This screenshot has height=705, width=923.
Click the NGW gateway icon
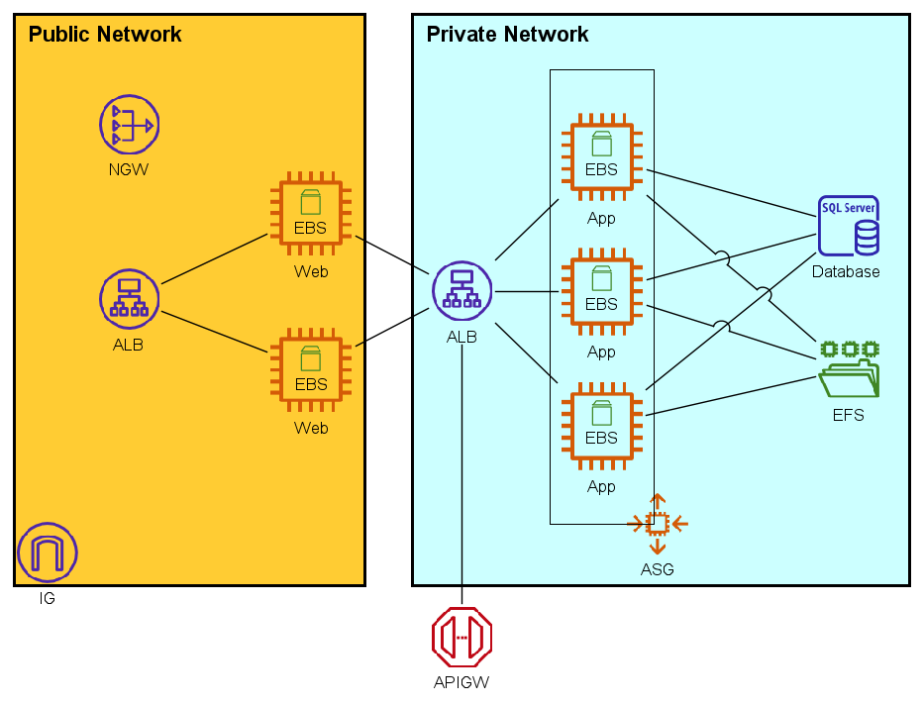[x=129, y=125]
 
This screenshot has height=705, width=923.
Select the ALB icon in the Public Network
[x=129, y=298]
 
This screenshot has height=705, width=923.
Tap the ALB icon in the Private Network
[x=461, y=291]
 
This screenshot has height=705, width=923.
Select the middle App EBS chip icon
[x=601, y=292]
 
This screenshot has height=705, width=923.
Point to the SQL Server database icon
[x=849, y=226]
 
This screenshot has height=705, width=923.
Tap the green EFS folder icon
[x=849, y=369]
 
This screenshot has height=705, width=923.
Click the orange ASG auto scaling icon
[x=658, y=524]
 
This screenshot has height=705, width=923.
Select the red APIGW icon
[x=461, y=637]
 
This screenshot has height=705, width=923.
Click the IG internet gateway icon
[x=47, y=553]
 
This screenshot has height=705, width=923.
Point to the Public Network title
[x=105, y=35]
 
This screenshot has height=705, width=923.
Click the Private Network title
[x=507, y=35]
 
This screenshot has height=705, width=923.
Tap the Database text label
[x=846, y=272]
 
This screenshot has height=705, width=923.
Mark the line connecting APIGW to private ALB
[x=461, y=475]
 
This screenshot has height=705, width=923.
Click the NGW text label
[x=129, y=170]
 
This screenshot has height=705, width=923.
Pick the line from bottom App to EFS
[x=733, y=396]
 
